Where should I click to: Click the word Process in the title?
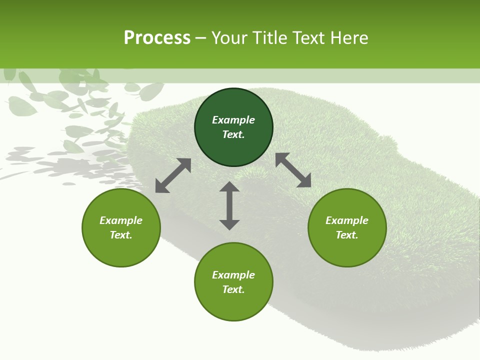[x=157, y=38]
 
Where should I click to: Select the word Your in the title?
[x=228, y=38]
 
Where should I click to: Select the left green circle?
[x=121, y=250]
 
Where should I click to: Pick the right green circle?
[x=347, y=250]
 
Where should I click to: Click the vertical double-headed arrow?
[x=229, y=205]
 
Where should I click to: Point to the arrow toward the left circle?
[x=173, y=175]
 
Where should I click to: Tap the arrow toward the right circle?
[x=293, y=170]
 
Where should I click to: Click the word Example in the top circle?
[x=233, y=120]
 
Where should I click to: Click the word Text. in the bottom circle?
[x=233, y=289]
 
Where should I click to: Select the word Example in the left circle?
[x=121, y=220]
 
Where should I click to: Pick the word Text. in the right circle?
[x=347, y=235]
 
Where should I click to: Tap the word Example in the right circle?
[x=347, y=220]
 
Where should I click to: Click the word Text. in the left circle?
[x=121, y=235]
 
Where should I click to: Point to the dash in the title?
[x=201, y=38]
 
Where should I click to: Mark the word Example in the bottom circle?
[x=233, y=275]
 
